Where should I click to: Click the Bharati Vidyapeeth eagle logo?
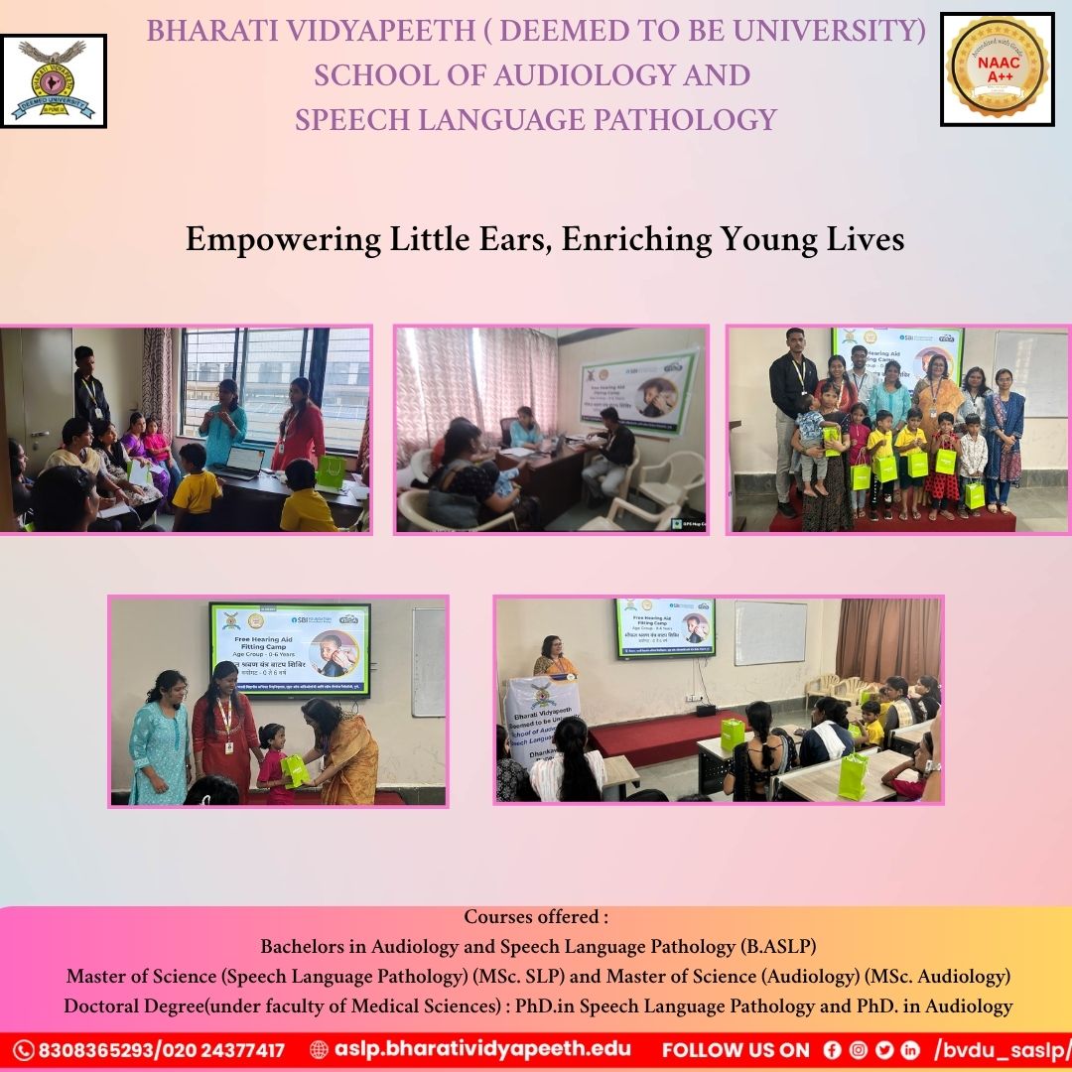tap(54, 80)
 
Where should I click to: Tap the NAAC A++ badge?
tap(997, 68)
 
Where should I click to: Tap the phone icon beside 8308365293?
tap(24, 1050)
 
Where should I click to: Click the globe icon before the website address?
tap(319, 1050)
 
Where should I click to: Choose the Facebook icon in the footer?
tap(832, 1050)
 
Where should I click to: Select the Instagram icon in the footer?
tap(858, 1050)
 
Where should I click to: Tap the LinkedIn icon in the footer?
tap(910, 1050)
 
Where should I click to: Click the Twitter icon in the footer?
tap(884, 1050)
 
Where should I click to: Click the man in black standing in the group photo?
tap(794, 407)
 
